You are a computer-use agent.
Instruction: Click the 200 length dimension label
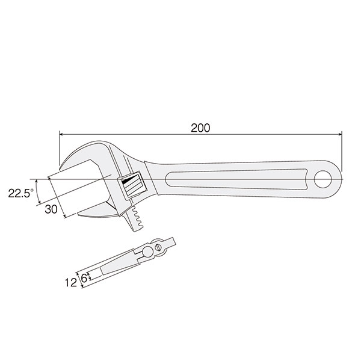tap(200, 128)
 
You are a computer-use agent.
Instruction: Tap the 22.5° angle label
tap(20, 193)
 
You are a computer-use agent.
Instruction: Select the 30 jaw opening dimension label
tap(51, 209)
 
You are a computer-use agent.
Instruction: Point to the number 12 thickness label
tap(70, 283)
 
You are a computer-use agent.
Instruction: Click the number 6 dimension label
tap(84, 279)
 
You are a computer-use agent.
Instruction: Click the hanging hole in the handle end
tap(323, 179)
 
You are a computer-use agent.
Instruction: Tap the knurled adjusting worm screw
tap(132, 186)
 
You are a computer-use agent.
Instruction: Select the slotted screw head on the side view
tap(158, 248)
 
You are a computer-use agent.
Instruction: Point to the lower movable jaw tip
tap(79, 214)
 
